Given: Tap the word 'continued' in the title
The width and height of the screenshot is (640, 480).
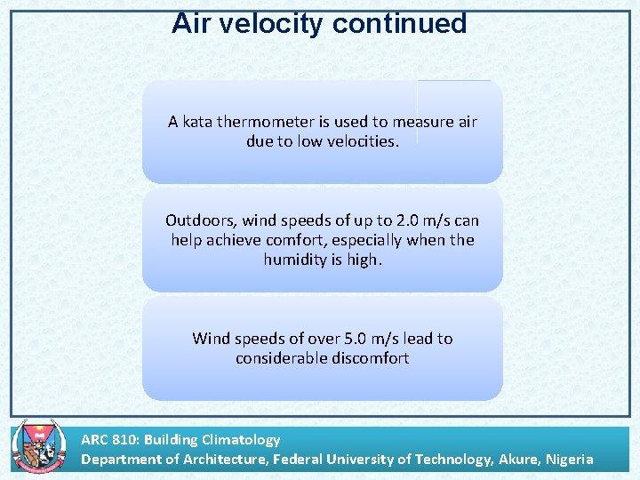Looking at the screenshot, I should pos(399,24).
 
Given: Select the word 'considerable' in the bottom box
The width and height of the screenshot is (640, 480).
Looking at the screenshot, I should pos(280,358).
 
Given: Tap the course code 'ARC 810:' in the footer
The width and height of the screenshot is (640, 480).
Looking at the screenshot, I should pos(110,439).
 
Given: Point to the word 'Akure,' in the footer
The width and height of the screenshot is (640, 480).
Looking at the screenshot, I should pos(512,459).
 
